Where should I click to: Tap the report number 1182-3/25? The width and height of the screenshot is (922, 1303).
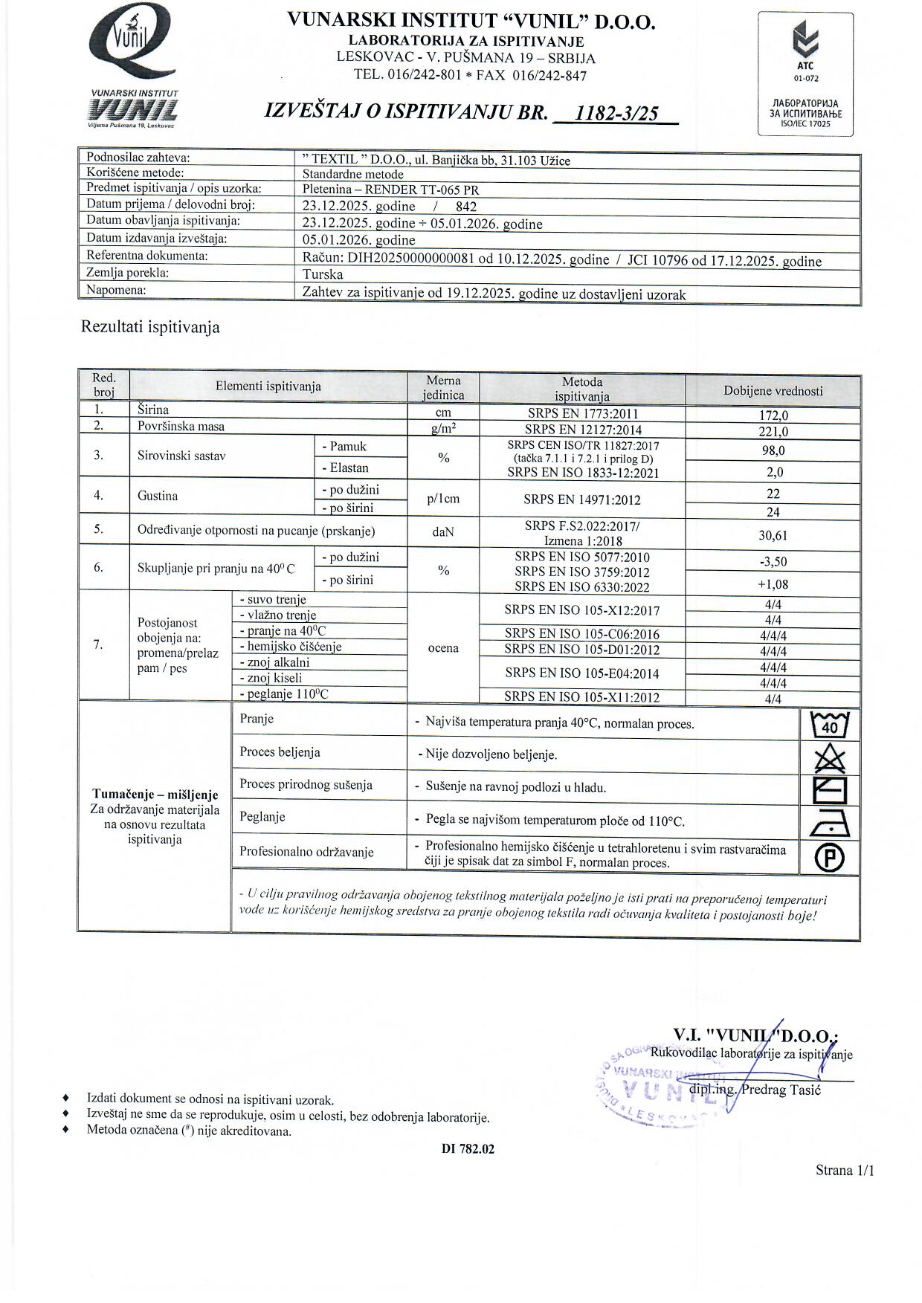(622, 113)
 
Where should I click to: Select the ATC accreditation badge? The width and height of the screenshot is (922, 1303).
(805, 74)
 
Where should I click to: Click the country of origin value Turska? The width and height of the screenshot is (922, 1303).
(323, 274)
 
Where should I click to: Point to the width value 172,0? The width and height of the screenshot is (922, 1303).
(773, 416)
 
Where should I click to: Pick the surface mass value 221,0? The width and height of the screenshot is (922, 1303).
(773, 431)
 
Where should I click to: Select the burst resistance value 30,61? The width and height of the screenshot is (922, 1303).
(773, 535)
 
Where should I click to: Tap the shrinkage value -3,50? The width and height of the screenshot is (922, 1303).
(773, 562)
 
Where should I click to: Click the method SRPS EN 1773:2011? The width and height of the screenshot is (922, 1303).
(581, 414)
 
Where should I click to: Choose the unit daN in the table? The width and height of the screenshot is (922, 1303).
(443, 532)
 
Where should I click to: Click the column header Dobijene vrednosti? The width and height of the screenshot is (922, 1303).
(773, 391)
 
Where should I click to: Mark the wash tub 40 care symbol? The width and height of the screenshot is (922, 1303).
(830, 724)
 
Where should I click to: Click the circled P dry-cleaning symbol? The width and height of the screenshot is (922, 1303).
(830, 858)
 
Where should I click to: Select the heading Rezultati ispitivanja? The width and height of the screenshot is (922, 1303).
(150, 327)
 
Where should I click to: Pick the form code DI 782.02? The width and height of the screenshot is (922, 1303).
(468, 1148)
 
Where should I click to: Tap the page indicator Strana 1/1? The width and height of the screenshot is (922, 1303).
(845, 1171)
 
